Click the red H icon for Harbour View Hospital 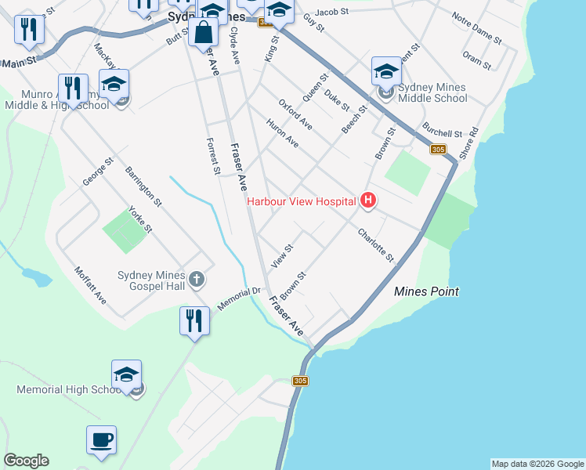tap(368, 201)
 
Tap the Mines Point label tap(425, 291)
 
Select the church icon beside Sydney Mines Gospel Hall tap(196, 278)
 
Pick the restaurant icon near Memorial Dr tap(194, 320)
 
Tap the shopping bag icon tap(204, 34)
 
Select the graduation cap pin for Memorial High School tap(126, 374)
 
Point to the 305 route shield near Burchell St tap(438, 150)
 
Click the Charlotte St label tap(375, 245)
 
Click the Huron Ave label tap(282, 133)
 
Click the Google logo tap(26, 461)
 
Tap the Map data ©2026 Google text tap(537, 464)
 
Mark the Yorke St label tap(140, 221)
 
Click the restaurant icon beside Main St tap(29, 30)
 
